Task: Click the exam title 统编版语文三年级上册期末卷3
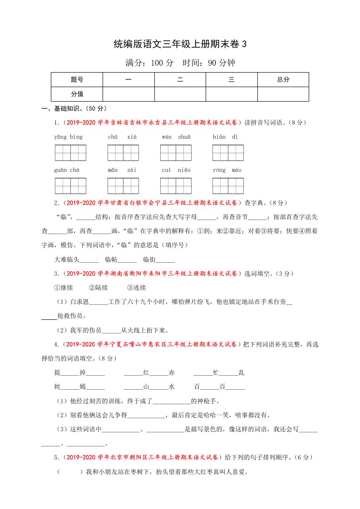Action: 180,44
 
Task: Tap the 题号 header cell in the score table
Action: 77,79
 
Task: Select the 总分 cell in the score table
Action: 283,79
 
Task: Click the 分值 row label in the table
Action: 77,94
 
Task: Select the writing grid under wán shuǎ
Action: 176,153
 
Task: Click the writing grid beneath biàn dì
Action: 228,153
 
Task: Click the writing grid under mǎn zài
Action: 123,186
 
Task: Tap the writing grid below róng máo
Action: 228,186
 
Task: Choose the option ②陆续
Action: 98,288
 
